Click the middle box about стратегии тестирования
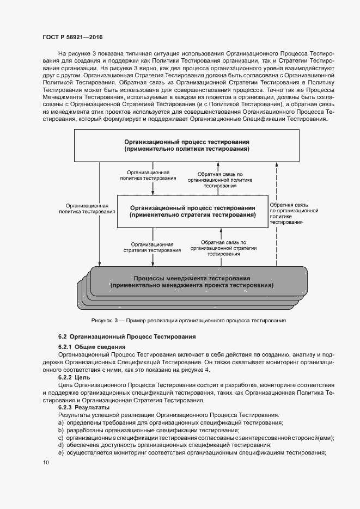click(x=193, y=211)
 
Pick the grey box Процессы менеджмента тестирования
click(x=192, y=281)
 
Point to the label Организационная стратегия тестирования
click(x=156, y=248)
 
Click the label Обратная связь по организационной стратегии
click(x=223, y=248)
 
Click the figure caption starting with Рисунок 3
click(x=188, y=321)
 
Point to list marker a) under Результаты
click(x=60, y=423)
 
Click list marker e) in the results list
click(x=60, y=453)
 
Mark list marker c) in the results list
click(x=60, y=438)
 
